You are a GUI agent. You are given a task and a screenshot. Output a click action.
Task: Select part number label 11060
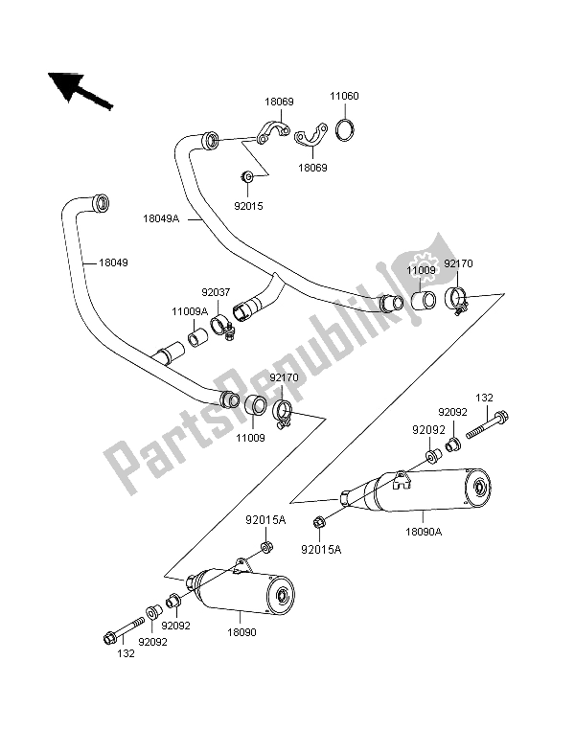tap(346, 96)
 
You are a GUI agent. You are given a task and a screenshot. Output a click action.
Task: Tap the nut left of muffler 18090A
tap(318, 521)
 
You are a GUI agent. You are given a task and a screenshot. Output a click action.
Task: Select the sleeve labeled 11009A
tap(197, 337)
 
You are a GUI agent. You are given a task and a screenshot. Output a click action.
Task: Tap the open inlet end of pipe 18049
tap(98, 203)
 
